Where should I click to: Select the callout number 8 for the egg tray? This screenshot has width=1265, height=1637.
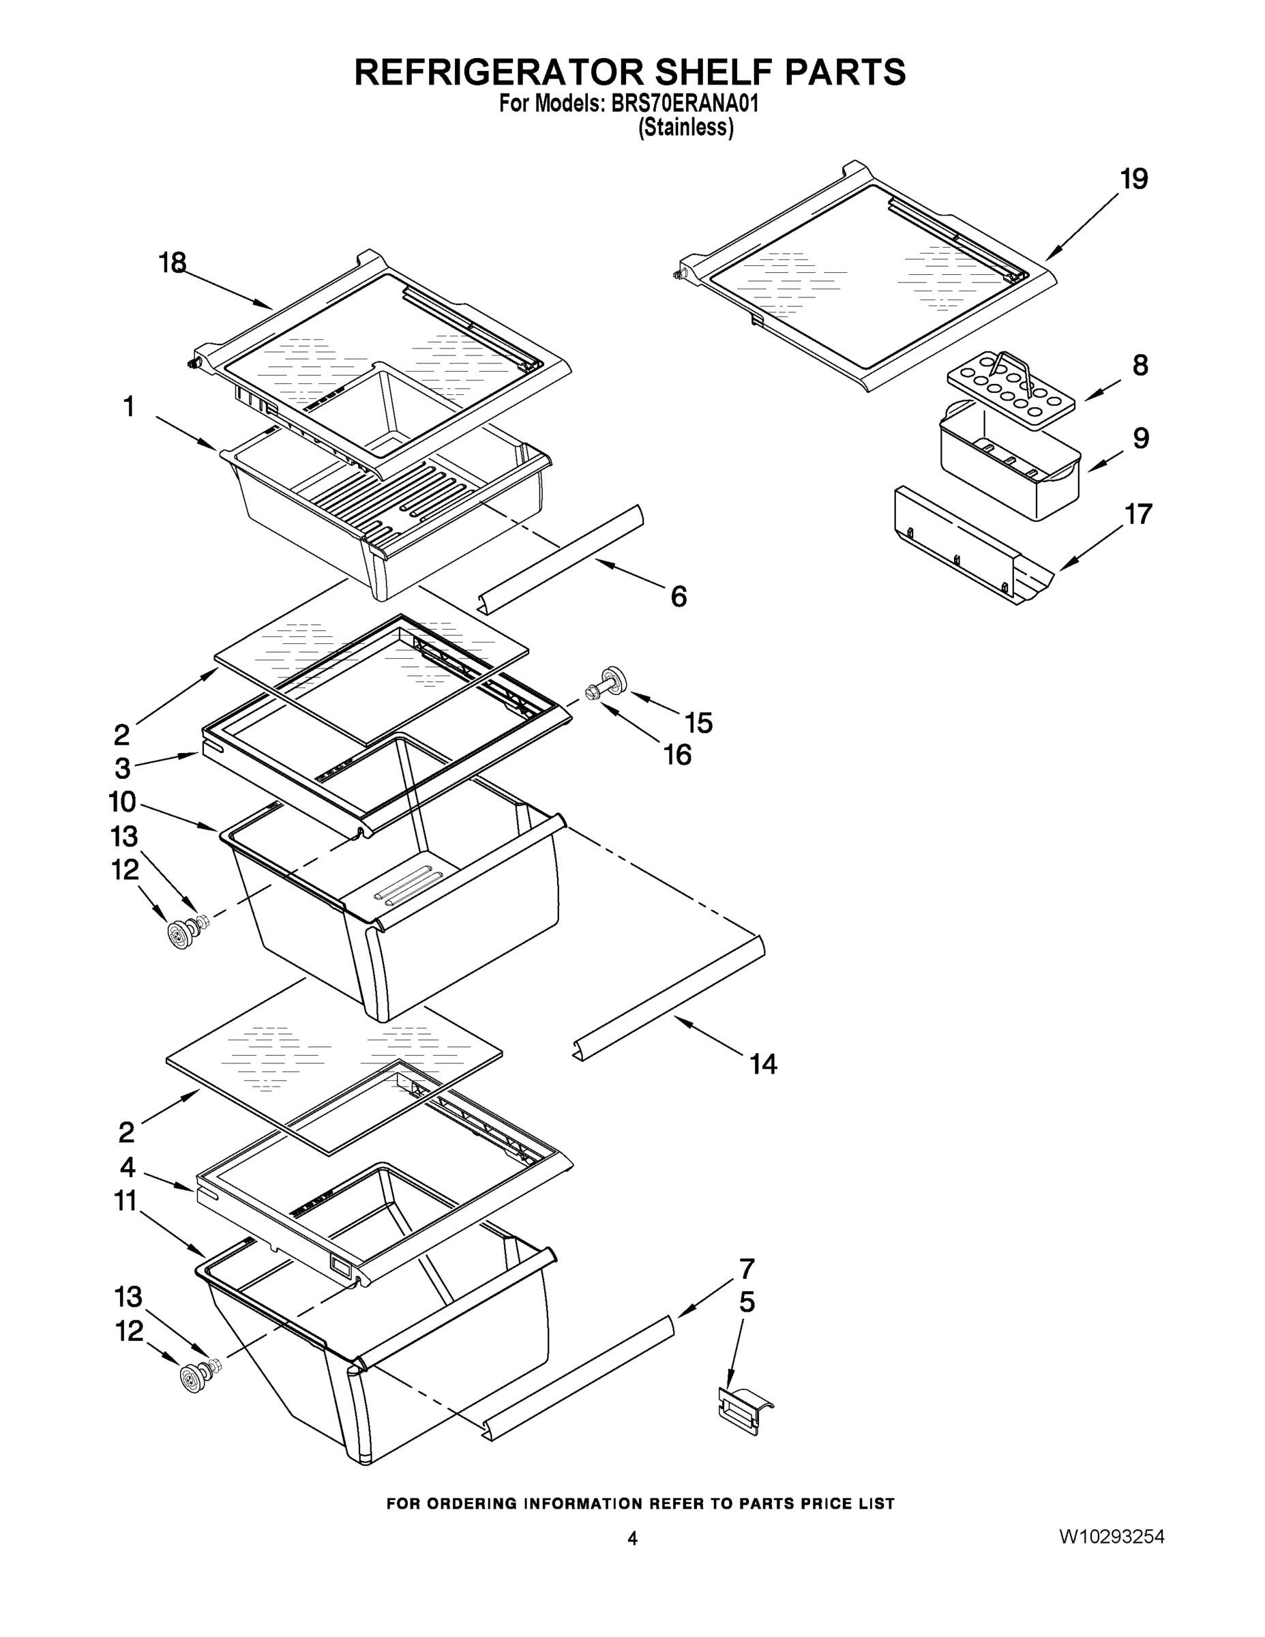click(1139, 366)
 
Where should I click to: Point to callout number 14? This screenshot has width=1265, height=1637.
click(764, 1063)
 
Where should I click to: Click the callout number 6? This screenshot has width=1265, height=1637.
click(679, 597)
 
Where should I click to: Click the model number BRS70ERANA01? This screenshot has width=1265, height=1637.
click(685, 104)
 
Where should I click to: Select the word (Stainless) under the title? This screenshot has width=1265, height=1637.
click(685, 128)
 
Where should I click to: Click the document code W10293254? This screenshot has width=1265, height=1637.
click(1112, 1537)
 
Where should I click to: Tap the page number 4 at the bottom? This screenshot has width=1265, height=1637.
click(633, 1538)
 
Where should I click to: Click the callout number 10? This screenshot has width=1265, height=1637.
click(122, 802)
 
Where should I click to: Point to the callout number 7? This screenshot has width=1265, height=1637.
click(747, 1269)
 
